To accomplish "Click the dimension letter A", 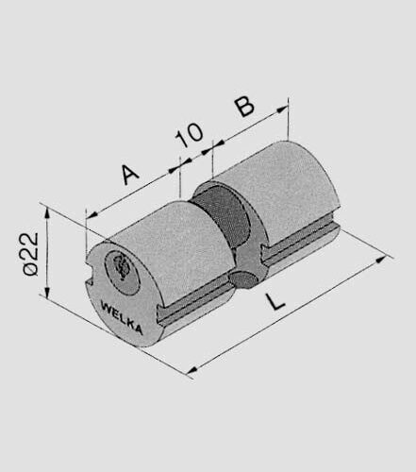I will (x=128, y=176).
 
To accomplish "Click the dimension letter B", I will (x=244, y=105).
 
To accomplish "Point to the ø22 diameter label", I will (x=28, y=254).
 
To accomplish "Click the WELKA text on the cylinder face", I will (x=121, y=317).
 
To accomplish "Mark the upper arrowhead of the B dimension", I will (x=284, y=110).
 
